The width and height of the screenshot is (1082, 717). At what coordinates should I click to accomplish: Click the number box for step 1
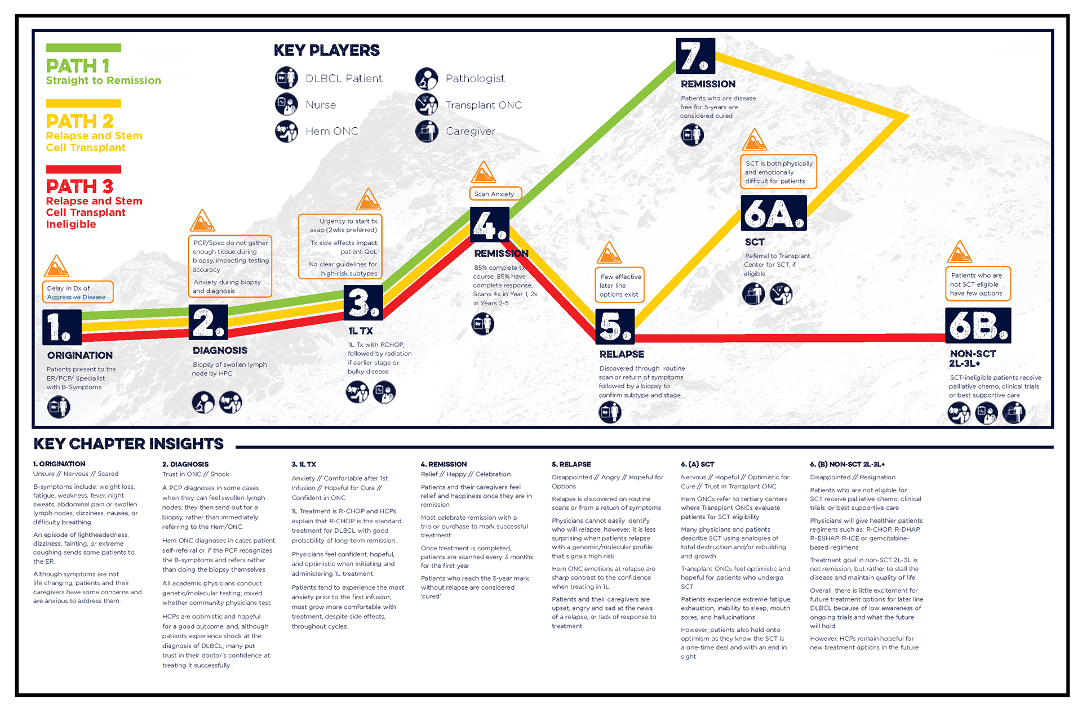62,327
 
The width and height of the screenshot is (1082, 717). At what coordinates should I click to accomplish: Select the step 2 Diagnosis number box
209,322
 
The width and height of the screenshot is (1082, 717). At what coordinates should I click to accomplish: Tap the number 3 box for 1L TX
363,303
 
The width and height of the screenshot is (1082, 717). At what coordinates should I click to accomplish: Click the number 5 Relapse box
615,326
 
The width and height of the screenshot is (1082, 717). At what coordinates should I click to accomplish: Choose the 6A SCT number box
774,213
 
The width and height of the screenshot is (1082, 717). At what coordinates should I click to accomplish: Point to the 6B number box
978,326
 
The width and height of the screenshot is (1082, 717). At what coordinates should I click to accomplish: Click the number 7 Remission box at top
695,56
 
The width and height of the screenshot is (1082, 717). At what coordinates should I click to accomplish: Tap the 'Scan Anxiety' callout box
495,194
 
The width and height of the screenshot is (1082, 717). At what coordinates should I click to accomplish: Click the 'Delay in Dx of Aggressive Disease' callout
78,292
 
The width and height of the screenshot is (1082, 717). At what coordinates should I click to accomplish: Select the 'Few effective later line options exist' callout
620,286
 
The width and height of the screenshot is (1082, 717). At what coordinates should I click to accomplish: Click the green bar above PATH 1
83,48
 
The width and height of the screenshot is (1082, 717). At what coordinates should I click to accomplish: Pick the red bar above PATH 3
83,169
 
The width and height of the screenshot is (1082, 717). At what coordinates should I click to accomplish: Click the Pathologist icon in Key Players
427,79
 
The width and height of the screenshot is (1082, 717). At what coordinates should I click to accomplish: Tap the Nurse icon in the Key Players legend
286,105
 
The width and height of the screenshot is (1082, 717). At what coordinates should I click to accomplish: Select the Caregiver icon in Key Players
427,131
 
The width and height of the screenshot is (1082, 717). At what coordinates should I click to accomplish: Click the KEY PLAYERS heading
327,50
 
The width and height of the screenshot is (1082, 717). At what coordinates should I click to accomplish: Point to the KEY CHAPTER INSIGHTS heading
128,444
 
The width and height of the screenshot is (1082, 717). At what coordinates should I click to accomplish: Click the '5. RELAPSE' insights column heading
571,464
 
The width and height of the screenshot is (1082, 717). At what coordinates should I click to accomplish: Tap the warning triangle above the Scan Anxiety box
483,173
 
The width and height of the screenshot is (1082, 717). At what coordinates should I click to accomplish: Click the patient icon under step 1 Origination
59,407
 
